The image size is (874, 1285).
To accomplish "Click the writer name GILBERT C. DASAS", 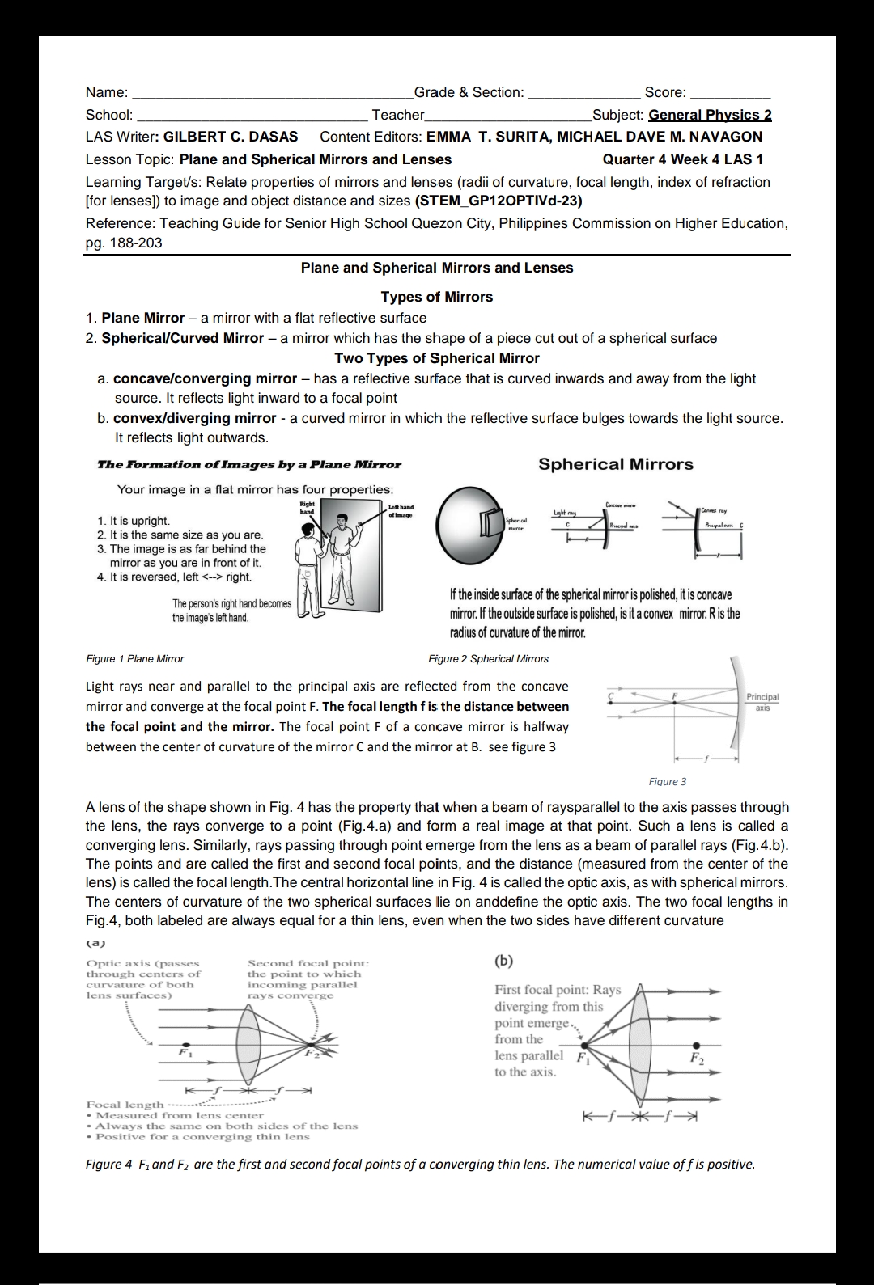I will (231, 137).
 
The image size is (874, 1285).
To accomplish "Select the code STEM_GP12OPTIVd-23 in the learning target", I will (498, 201).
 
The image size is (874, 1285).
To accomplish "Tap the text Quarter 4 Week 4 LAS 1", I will (682, 159).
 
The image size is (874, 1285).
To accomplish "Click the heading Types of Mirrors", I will (436, 297).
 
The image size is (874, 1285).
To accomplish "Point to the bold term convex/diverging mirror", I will (194, 418).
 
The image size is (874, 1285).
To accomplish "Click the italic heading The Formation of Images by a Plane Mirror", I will (248, 464).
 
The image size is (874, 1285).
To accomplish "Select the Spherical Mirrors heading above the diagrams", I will (615, 464).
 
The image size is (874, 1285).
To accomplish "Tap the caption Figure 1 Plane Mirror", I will (134, 658).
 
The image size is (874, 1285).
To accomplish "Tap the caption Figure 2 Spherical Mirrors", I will (488, 658).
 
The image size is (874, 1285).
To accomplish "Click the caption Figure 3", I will (667, 781).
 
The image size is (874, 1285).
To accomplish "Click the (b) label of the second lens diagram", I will (503, 961).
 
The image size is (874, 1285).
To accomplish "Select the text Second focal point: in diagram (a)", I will (308, 963).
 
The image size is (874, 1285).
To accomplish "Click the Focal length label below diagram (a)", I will (125, 1105).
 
